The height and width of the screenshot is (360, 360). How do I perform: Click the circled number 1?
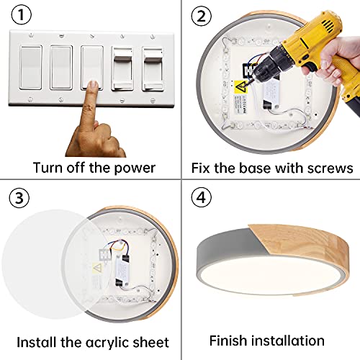pyautogui.click(x=22, y=15)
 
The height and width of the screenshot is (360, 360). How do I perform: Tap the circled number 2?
pyautogui.click(x=202, y=16)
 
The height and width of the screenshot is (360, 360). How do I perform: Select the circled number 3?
pyautogui.click(x=19, y=198)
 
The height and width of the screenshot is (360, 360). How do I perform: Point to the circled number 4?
pyautogui.click(x=202, y=197)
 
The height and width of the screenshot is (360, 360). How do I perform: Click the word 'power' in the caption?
pyautogui.click(x=135, y=168)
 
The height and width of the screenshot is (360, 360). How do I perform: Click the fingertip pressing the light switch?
pyautogui.click(x=93, y=85)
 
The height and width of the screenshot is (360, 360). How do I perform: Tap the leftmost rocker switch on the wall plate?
pyautogui.click(x=31, y=68)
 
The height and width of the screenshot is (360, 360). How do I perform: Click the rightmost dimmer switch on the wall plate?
pyautogui.click(x=153, y=69)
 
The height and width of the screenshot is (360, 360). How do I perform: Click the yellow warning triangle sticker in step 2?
pyautogui.click(x=240, y=87)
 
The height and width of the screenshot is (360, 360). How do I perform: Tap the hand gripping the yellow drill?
pyautogui.click(x=333, y=60)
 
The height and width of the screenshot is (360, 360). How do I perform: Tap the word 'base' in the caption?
pyautogui.click(x=255, y=168)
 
